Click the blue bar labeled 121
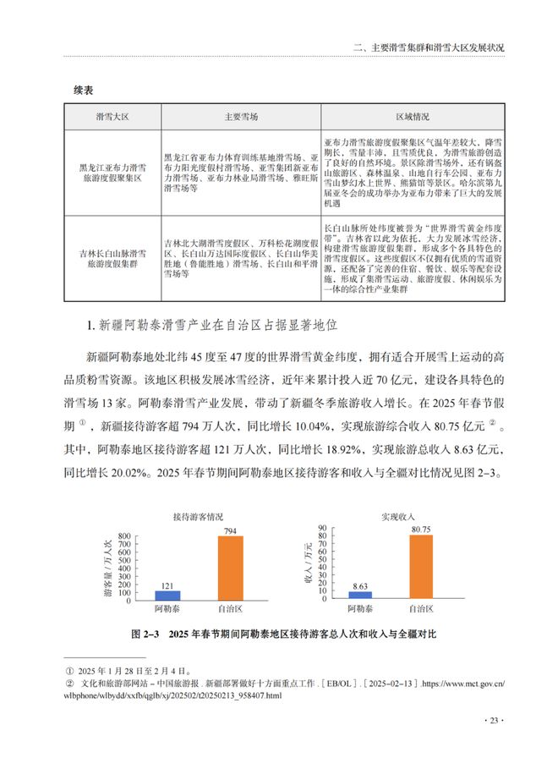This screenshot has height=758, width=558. pyautogui.click(x=167, y=595)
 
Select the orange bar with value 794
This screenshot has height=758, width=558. pyautogui.click(x=229, y=568)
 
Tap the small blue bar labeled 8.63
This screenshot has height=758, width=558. pyautogui.click(x=360, y=596)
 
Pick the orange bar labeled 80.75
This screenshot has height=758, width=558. pyautogui.click(x=421, y=567)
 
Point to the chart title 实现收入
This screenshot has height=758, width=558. pyautogui.click(x=394, y=515)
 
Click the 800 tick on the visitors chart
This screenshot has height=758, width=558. pyautogui.click(x=124, y=536)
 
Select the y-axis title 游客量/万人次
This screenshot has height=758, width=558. pyautogui.click(x=108, y=568)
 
